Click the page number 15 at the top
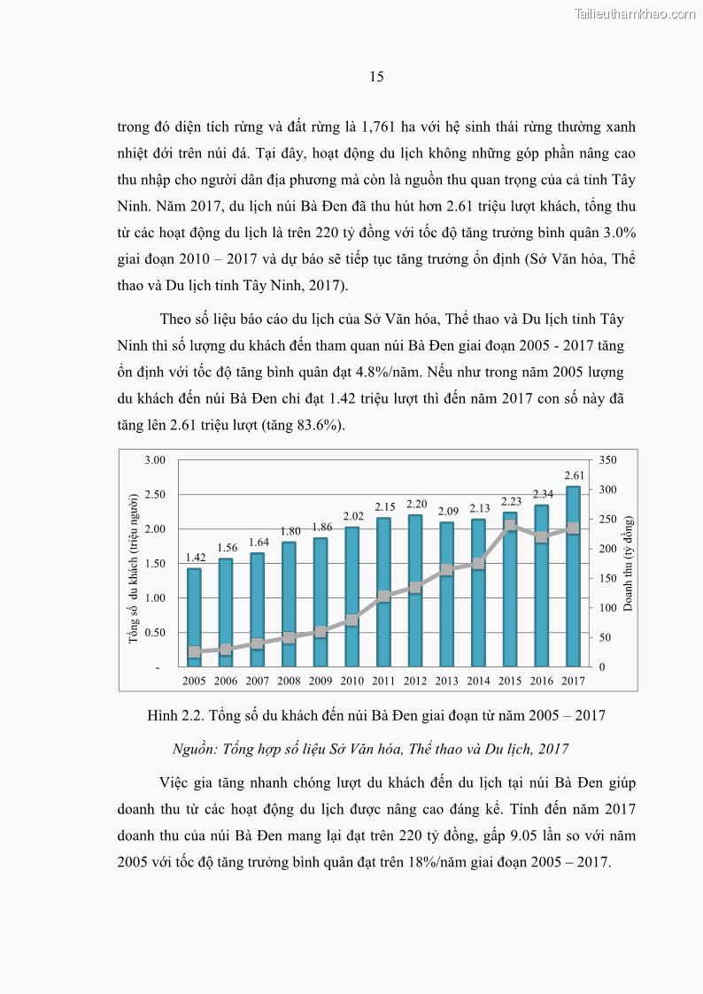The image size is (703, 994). pos(376,77)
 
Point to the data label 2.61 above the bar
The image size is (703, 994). pos(573,475)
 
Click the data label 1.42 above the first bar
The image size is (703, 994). pos(194,558)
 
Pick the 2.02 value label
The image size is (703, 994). pos(351,516)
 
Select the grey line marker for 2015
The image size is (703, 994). pos(510,526)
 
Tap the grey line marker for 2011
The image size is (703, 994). pos(383,597)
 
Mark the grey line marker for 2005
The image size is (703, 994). pos(194,652)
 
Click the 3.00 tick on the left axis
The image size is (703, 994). pos(155,460)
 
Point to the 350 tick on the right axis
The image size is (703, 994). pos(606,460)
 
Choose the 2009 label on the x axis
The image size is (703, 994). pos(321,681)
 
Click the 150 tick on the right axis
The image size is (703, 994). pos(606,579)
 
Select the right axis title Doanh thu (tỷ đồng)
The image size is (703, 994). pos(628,563)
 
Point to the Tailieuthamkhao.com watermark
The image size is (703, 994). pos(635,13)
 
